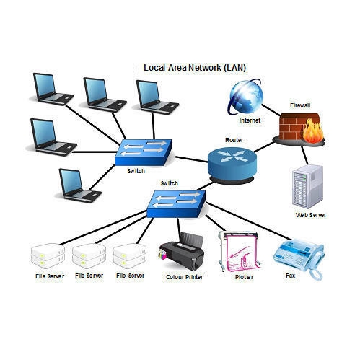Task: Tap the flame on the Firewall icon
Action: point(313,133)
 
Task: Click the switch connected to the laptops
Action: point(144,152)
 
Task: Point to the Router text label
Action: point(233,139)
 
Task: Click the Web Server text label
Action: point(309,216)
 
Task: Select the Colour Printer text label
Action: point(184,276)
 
